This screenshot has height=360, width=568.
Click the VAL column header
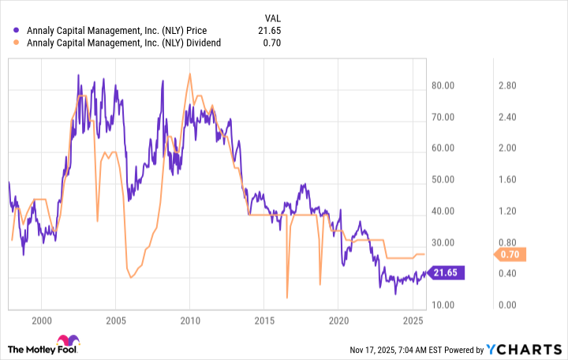[271, 17]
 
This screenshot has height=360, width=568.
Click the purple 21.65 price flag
[447, 273]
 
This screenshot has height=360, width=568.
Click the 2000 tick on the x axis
[41, 321]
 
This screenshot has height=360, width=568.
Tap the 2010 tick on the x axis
[189, 321]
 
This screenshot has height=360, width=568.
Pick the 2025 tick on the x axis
[412, 321]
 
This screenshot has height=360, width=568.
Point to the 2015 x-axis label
[263, 321]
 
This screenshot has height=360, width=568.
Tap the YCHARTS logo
[530, 349]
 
